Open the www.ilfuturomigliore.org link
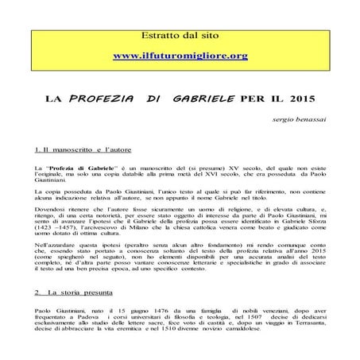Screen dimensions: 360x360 181,56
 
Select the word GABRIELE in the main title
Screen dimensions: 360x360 195,101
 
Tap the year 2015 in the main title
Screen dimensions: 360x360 300,101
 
